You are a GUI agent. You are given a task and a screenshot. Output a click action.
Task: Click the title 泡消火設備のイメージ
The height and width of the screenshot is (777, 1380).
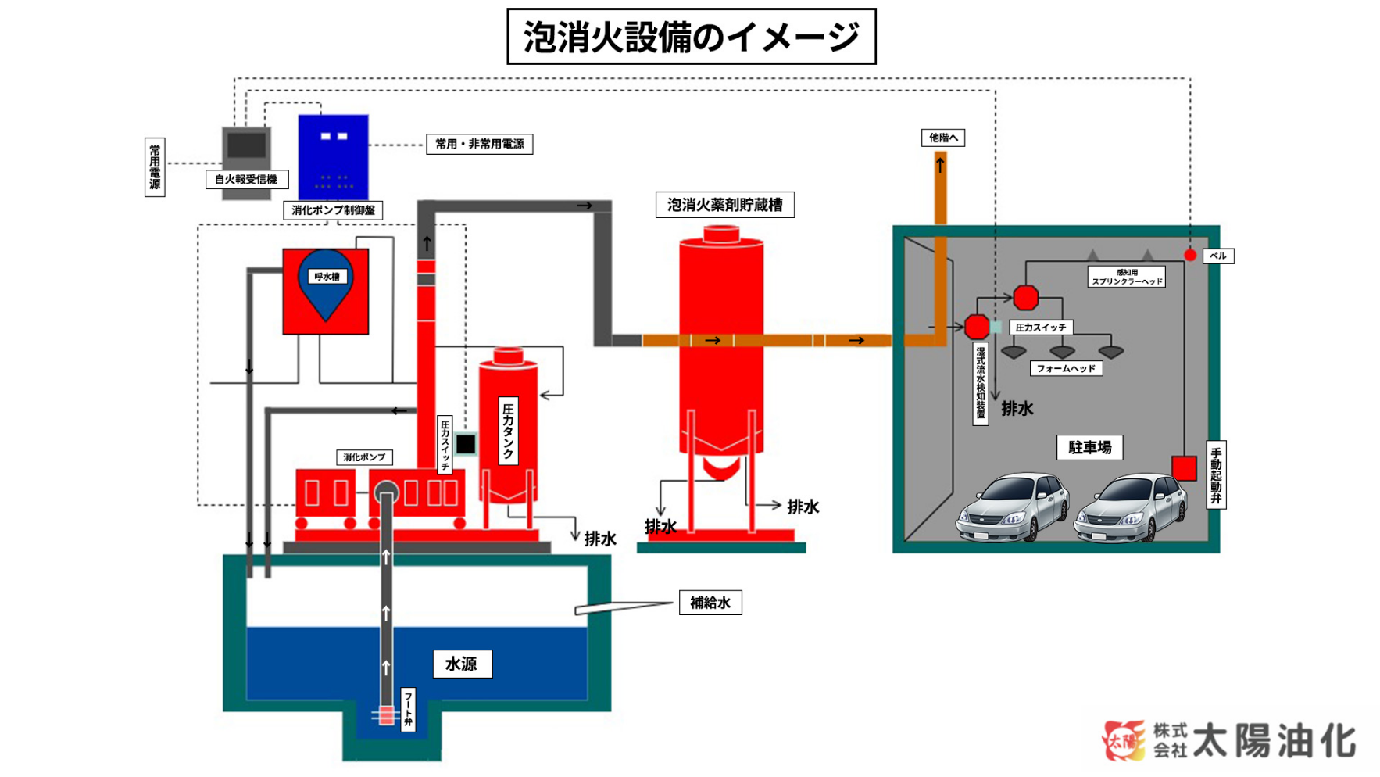click(691, 37)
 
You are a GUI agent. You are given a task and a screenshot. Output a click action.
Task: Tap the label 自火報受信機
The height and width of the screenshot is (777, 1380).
click(246, 179)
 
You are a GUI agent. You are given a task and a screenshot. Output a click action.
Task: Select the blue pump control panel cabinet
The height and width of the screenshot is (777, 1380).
click(333, 157)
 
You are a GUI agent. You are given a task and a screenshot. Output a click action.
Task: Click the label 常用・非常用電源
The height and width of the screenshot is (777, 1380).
click(479, 144)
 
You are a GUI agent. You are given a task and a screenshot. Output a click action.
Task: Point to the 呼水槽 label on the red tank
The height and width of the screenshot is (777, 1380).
click(327, 277)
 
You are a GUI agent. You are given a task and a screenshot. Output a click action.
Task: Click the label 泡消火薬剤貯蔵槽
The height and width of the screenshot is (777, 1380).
click(724, 205)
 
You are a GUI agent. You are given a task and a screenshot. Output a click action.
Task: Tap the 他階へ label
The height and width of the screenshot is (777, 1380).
click(943, 138)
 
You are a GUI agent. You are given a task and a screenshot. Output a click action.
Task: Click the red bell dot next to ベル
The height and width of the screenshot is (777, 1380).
click(1189, 255)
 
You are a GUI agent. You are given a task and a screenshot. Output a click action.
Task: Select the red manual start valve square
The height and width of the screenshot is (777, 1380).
click(1184, 467)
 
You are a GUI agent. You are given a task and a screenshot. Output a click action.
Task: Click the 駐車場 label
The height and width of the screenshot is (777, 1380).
click(1089, 447)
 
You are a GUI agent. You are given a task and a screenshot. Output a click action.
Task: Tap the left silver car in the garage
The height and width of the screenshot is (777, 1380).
click(1013, 507)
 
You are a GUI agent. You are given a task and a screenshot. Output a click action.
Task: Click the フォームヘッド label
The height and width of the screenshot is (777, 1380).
click(1066, 368)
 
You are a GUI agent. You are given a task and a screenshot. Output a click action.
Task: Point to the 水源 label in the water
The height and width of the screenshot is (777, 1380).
click(462, 664)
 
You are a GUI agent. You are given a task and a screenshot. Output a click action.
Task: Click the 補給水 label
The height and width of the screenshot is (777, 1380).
click(710, 603)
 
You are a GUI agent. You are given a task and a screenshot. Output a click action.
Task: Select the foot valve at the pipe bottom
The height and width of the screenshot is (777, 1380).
click(385, 714)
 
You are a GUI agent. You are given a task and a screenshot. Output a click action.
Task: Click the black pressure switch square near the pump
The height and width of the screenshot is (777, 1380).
click(466, 444)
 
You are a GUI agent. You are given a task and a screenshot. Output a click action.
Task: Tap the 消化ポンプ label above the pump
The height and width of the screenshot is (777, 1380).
click(364, 457)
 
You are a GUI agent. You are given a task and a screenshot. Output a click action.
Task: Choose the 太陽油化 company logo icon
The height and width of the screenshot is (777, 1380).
click(1124, 739)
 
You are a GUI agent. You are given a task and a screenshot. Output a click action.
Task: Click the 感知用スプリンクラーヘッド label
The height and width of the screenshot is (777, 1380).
click(1126, 277)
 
